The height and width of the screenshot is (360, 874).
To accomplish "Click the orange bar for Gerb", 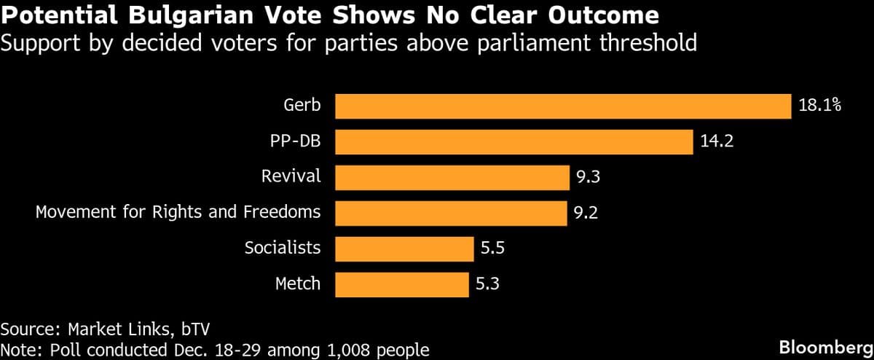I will (x=562, y=106).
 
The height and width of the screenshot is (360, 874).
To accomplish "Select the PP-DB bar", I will (x=513, y=141).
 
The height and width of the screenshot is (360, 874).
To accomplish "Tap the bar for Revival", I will (x=452, y=177).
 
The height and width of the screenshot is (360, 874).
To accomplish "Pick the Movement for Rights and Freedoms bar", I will (x=451, y=213).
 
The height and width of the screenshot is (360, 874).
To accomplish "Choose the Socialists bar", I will (x=404, y=249).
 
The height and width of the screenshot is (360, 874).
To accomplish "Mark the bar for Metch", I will (x=401, y=284).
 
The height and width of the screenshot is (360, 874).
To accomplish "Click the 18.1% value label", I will (x=819, y=106).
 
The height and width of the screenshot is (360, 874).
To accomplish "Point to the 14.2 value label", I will (x=716, y=141).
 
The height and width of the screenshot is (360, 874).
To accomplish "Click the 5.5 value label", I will (x=492, y=249).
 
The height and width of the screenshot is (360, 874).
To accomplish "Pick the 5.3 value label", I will (x=488, y=284).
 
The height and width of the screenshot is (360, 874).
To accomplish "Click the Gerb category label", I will (x=302, y=106).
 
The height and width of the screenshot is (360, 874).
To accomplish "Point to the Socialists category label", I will (x=282, y=249).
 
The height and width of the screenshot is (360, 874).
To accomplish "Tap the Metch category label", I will (x=297, y=284).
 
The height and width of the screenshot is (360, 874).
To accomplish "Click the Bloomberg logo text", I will (x=825, y=345).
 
